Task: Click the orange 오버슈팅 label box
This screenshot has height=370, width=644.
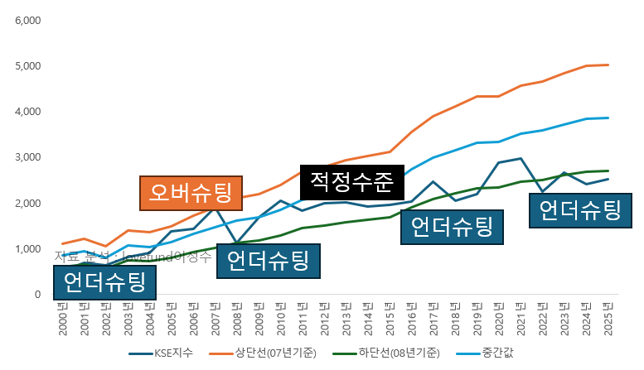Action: tap(190, 194)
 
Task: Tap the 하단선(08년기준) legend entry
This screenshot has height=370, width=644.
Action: tap(400, 353)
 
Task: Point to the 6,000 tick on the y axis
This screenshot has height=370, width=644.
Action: tap(28, 19)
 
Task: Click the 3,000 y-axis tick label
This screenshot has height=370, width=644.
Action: tap(28, 157)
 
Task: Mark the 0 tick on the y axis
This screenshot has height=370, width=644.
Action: tap(37, 295)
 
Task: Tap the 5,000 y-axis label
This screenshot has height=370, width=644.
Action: tap(28, 65)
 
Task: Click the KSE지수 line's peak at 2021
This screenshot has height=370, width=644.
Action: tap(521, 158)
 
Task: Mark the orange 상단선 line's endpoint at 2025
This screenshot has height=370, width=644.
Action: tap(609, 65)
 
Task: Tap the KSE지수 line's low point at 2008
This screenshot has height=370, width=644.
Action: tap(237, 243)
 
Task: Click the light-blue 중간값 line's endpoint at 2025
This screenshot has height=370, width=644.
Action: tap(609, 118)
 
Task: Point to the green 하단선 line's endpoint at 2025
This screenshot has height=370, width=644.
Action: tap(609, 171)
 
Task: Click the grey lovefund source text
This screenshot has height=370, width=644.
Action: tap(133, 256)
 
